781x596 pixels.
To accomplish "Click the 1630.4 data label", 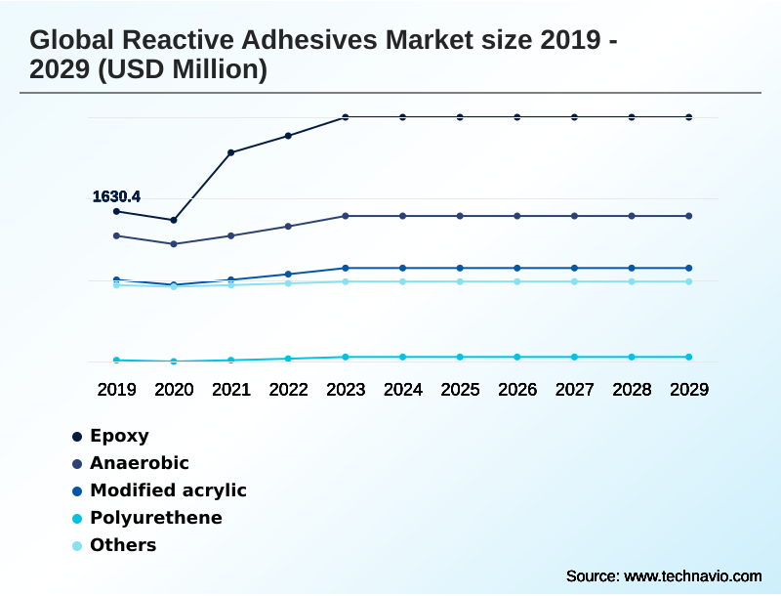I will point(116,196).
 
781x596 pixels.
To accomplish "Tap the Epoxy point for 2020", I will point(174,220).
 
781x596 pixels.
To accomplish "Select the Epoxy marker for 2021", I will point(231,152).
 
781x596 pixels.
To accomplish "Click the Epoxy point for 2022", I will point(288,136).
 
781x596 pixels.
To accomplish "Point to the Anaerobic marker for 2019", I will point(116,235).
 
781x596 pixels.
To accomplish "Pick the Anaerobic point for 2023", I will point(346,216).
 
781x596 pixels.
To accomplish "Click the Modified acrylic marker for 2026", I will point(517,268).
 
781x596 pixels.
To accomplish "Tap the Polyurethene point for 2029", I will point(689,357).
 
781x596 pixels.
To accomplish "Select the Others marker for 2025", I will point(460,281).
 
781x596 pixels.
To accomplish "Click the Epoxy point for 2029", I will point(689,117).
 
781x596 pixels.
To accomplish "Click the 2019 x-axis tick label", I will point(116,389).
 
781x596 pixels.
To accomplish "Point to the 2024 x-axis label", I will point(403,389).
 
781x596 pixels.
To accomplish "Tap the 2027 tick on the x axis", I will point(575,389).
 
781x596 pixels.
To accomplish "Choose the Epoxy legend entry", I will point(119,436).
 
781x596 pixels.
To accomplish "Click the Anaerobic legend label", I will point(139,463).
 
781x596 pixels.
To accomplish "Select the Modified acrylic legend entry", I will point(168,490).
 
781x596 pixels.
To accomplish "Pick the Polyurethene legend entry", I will point(155,518).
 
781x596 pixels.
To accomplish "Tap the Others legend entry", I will point(122,545).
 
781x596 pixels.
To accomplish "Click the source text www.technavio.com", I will point(693,575).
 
